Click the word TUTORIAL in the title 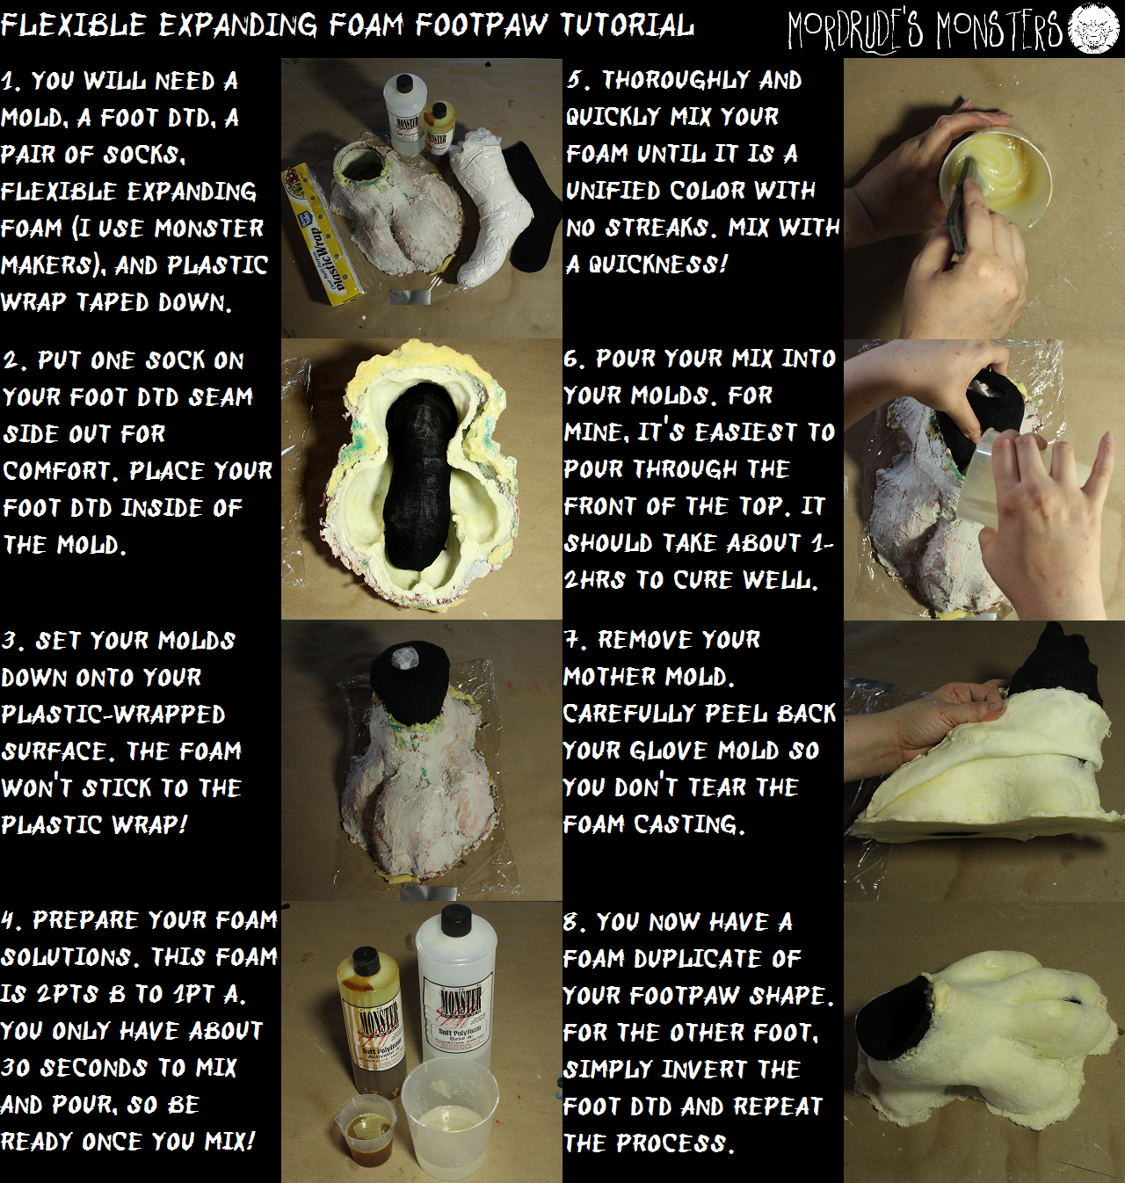(x=627, y=25)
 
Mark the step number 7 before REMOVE (x=572, y=640)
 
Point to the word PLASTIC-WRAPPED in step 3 (x=113, y=714)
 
